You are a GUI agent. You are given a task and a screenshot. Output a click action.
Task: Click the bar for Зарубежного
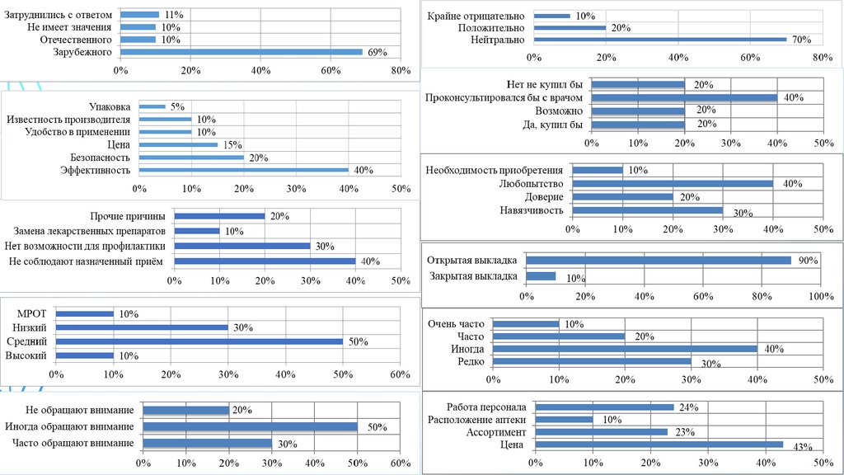[x=241, y=52]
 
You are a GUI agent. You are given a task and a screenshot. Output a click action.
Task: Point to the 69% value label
[x=377, y=53]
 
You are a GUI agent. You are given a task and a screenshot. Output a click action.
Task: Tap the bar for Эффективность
[x=244, y=170]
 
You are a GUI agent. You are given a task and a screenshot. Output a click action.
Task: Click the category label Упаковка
[x=110, y=106]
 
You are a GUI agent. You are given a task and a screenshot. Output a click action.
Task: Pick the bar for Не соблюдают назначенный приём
[x=265, y=261]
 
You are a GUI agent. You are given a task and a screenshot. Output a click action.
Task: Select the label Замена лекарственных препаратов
[x=90, y=231]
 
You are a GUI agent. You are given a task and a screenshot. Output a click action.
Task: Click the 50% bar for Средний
[x=199, y=341]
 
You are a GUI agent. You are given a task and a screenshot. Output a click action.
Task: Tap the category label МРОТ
[x=32, y=313]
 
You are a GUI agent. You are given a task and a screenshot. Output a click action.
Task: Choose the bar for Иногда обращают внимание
[x=250, y=426]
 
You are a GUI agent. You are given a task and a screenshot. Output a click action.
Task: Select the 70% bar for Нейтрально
[x=660, y=39]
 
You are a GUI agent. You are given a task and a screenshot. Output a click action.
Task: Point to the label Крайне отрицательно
[x=477, y=16]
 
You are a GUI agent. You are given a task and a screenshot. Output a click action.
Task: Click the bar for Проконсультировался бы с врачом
[x=684, y=97]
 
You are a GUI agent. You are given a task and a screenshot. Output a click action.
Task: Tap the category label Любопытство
[x=532, y=184]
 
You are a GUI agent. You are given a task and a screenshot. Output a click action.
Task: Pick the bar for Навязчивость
[x=647, y=210]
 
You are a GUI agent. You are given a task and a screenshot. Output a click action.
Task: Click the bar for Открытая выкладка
[x=658, y=261]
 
